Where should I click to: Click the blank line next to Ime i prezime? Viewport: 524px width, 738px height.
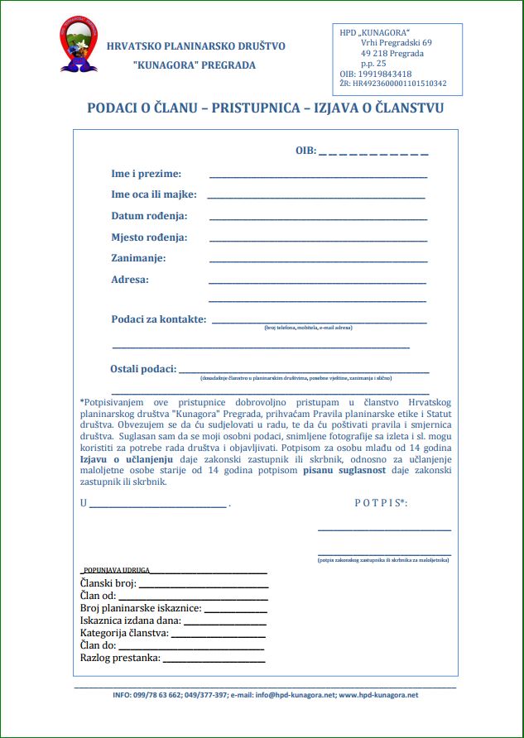[318, 177]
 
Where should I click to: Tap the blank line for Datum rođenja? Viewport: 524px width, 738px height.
[318, 219]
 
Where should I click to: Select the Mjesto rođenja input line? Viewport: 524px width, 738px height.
[318, 241]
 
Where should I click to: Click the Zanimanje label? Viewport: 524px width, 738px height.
[138, 258]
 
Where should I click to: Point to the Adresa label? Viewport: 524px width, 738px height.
[130, 280]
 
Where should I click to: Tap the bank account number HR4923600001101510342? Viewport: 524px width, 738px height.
[400, 84]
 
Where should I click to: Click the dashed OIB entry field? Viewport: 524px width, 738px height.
[373, 152]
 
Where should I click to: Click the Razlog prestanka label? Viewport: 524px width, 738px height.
[120, 659]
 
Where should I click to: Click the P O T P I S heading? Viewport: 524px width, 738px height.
[381, 502]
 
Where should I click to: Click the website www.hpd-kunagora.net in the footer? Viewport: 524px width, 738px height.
[378, 696]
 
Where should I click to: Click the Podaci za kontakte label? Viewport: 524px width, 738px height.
[159, 319]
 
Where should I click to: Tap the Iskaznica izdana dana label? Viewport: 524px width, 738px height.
[131, 621]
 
